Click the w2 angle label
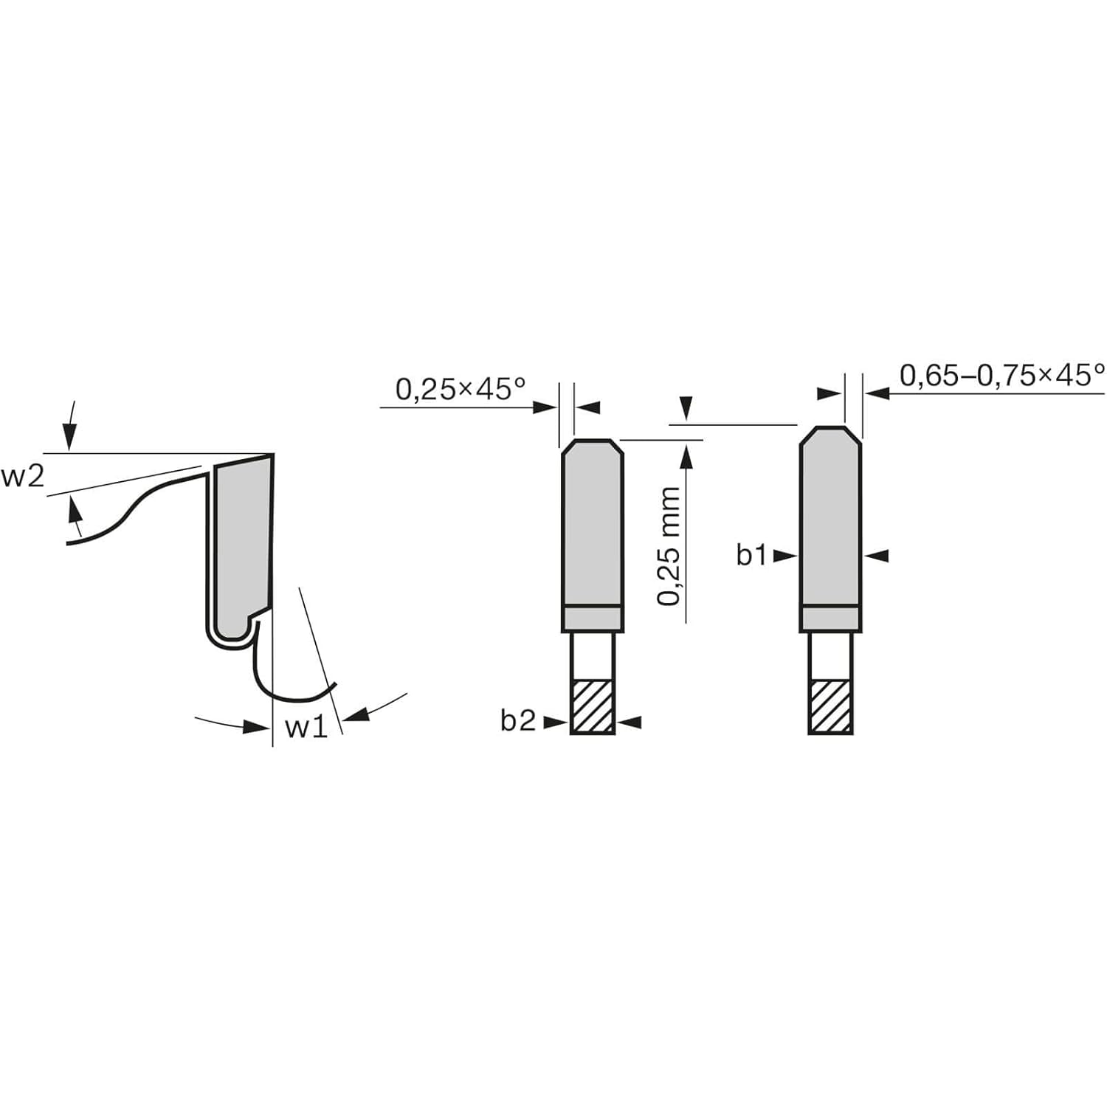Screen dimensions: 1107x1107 (x=22, y=477)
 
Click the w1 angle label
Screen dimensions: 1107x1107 (x=306, y=727)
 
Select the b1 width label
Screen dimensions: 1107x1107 (x=751, y=555)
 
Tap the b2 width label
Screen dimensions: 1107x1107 (x=517, y=721)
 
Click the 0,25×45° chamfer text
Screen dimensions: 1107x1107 (x=461, y=389)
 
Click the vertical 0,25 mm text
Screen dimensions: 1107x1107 (x=669, y=546)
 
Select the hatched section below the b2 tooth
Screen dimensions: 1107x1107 (x=593, y=706)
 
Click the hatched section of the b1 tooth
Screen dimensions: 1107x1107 (x=830, y=706)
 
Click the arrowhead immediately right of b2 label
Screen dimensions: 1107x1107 (x=555, y=723)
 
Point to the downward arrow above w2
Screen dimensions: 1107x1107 (x=70, y=435)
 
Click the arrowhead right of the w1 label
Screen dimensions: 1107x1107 (x=357, y=714)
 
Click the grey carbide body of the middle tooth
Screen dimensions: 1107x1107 (x=593, y=524)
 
